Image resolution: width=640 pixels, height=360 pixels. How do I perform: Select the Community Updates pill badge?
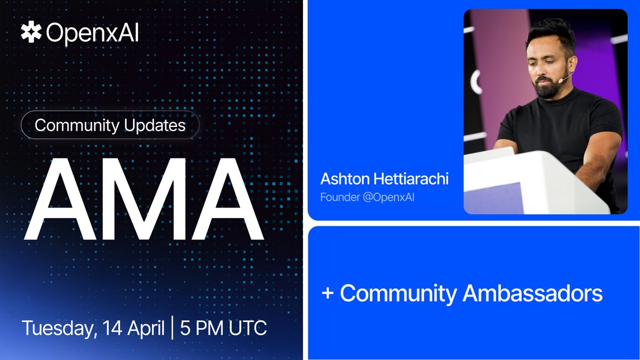pyautogui.click(x=110, y=125)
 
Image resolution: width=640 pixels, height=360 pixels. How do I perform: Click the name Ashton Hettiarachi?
pyautogui.click(x=384, y=179)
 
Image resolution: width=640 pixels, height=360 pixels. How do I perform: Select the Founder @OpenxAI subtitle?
pyautogui.click(x=367, y=197)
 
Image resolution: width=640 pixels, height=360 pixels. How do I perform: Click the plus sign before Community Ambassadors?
pyautogui.click(x=327, y=294)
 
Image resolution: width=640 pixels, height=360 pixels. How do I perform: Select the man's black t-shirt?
pyautogui.click(x=560, y=128)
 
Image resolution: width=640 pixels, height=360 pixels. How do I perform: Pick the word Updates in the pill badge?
pyautogui.click(x=161, y=125)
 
